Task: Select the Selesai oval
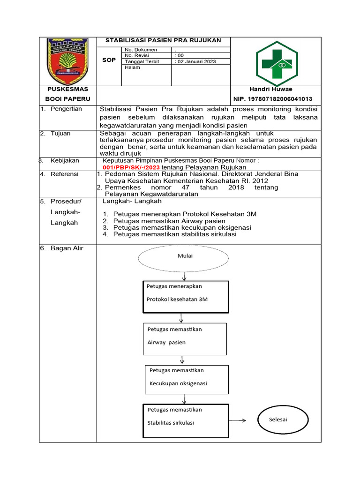(x=277, y=420)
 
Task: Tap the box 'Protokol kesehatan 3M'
(x=185, y=296)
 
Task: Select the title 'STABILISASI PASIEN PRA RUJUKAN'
(x=163, y=40)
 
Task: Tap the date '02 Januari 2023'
(x=196, y=61)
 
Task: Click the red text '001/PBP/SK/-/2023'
(x=131, y=167)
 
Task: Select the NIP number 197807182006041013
(x=273, y=99)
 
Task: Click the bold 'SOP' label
(x=109, y=60)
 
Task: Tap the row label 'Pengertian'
(x=66, y=109)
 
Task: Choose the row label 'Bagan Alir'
(x=67, y=248)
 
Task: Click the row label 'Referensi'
(x=65, y=174)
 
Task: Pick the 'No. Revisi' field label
(x=136, y=55)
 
